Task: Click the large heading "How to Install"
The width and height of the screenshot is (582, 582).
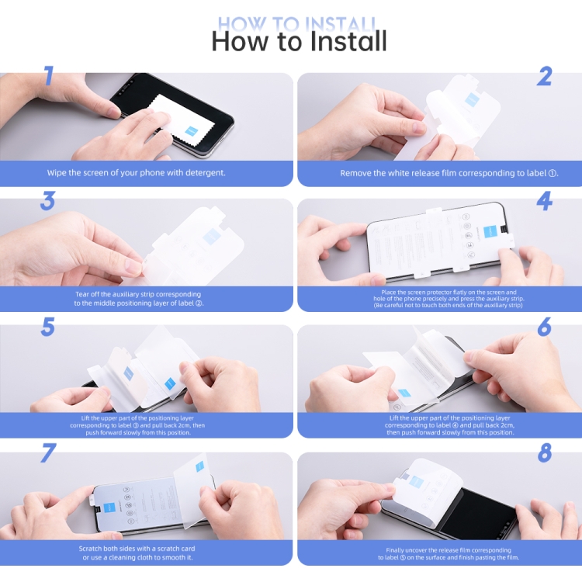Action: click(x=300, y=41)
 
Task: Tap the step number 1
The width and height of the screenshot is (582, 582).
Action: click(x=49, y=76)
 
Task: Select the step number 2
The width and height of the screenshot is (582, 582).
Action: click(x=544, y=76)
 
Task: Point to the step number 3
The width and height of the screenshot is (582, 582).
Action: click(x=47, y=201)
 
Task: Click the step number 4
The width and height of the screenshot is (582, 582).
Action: click(x=545, y=201)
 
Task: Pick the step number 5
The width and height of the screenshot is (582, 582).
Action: click(x=48, y=327)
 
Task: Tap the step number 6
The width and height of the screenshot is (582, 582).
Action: click(x=545, y=327)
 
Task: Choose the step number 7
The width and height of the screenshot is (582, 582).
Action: click(x=48, y=453)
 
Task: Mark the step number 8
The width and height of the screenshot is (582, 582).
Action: click(x=545, y=453)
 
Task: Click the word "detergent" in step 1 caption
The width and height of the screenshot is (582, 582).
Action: click(x=205, y=172)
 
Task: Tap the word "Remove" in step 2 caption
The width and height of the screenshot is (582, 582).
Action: click(x=352, y=173)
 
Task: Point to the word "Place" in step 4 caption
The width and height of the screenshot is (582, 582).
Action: click(x=388, y=292)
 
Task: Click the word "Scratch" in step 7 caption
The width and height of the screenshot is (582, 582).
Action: click(x=91, y=549)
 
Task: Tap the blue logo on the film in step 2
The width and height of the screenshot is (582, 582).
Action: click(x=473, y=100)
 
